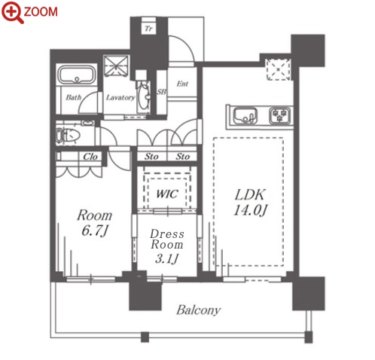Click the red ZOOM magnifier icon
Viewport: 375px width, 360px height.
coord(12,12)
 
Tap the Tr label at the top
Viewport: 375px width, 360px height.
coord(148,29)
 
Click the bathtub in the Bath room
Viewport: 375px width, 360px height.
coord(77,75)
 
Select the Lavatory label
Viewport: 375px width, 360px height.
coord(120,97)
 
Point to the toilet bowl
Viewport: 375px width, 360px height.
coord(69,136)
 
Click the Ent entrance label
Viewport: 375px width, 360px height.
coord(182,84)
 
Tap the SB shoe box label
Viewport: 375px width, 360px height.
coord(161,92)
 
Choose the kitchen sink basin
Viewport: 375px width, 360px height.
coord(245,116)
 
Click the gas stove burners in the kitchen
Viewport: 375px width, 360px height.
coord(280,115)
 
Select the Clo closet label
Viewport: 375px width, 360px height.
coord(90,157)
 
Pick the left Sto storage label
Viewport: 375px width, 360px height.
coord(151,157)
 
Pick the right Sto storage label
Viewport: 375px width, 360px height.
coord(182,157)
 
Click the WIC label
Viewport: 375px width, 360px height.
coord(167,194)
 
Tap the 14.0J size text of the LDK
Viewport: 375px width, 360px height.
coord(251,210)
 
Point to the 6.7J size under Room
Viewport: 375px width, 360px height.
coord(95,230)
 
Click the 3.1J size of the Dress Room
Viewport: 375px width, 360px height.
coord(166,258)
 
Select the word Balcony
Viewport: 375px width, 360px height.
coord(199,310)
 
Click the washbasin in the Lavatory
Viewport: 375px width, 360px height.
coord(144,97)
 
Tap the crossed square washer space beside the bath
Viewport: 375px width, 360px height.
coord(116,66)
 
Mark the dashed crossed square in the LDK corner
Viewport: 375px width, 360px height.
coord(279,69)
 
